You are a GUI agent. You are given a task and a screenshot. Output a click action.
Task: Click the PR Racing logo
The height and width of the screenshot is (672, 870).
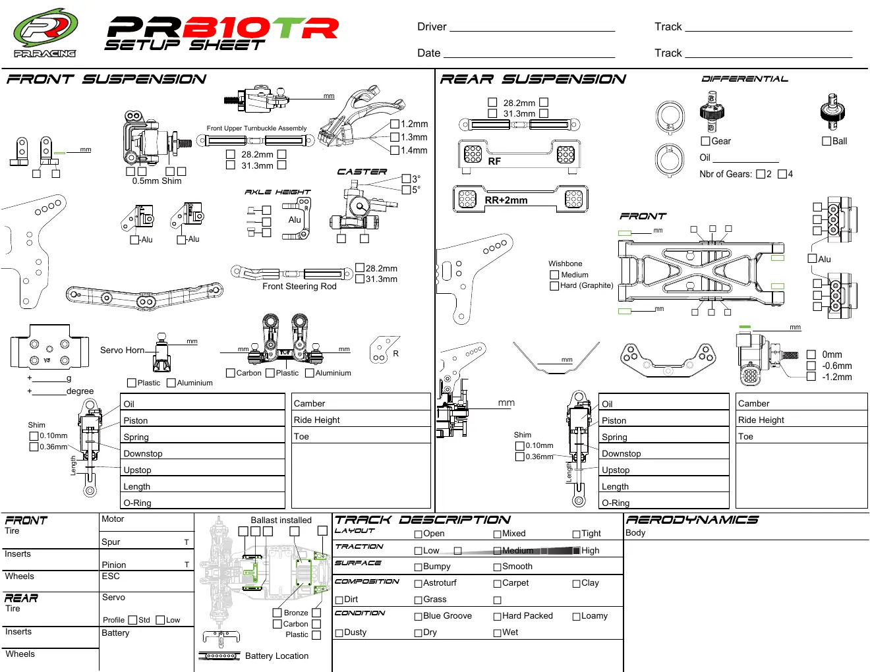tap(45, 33)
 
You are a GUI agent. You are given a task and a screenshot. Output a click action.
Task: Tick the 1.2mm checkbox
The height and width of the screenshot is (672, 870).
tap(395, 124)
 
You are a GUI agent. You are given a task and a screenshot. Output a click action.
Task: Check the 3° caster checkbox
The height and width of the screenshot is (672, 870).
tap(407, 178)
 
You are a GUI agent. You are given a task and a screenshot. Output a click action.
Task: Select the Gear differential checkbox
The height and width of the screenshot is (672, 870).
tap(705, 141)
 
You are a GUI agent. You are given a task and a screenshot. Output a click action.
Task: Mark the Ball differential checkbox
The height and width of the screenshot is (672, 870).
tap(826, 141)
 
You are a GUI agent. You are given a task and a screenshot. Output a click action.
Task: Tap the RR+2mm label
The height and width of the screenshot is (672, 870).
tap(506, 200)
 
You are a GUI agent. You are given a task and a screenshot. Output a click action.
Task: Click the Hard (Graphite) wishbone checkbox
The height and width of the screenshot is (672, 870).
tap(554, 286)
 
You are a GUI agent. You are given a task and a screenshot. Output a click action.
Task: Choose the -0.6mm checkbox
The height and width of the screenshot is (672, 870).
tap(811, 366)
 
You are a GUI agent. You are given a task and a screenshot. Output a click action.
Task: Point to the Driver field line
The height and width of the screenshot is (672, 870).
tap(532, 31)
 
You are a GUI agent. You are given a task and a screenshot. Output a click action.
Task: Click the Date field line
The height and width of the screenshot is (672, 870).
tap(529, 57)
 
